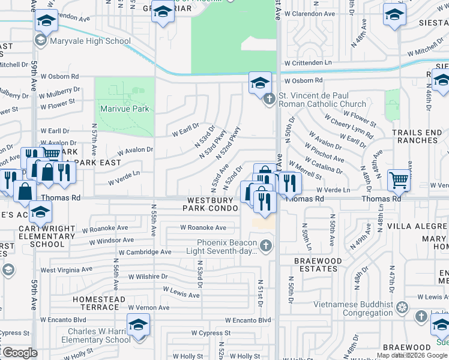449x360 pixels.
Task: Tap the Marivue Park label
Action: [x=124, y=109]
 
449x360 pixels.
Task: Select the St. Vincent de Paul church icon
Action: [x=270, y=98]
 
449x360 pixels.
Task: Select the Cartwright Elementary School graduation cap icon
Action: [x=41, y=212]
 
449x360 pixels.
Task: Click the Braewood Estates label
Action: [x=318, y=265]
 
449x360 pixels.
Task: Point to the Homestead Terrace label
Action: [x=99, y=303]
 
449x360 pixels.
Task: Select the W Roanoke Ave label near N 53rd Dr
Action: [x=203, y=227]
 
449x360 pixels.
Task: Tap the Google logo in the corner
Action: [x=20, y=353]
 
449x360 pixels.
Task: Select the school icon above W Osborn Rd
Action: [x=261, y=83]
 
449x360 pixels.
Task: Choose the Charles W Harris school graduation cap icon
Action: [x=139, y=325]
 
